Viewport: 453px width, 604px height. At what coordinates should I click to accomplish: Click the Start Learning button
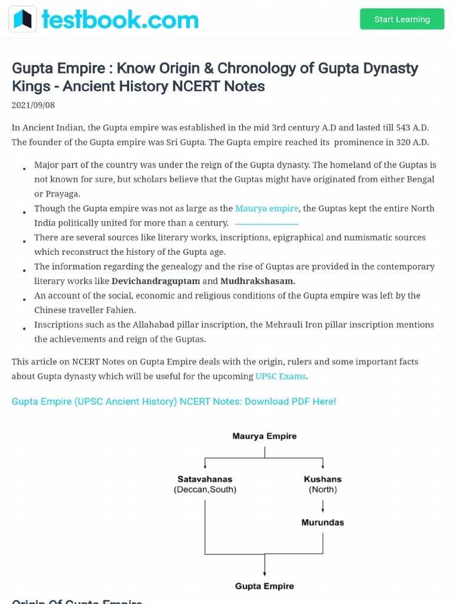point(402,19)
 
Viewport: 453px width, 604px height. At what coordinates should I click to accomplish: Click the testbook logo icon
point(22,19)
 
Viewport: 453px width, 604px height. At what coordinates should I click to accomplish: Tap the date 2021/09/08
point(33,105)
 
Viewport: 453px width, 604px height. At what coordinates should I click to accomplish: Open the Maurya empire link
point(267,208)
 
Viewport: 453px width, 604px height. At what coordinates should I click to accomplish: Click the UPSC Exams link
point(281,376)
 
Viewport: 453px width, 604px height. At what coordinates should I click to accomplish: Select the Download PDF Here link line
point(174,402)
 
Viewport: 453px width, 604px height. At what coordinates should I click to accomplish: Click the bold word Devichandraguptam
point(156,281)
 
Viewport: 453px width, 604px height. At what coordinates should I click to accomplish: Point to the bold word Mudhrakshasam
point(258,281)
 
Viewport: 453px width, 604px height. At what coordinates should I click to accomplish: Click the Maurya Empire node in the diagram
point(264,436)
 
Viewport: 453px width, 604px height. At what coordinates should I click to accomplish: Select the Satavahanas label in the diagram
point(205,479)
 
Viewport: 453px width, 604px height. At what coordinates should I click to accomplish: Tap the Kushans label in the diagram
point(323,479)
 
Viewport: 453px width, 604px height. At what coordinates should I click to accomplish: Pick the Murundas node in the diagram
point(323,523)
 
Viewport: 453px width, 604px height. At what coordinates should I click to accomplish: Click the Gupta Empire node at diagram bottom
point(264,586)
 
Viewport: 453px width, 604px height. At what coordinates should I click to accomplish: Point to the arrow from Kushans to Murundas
point(323,505)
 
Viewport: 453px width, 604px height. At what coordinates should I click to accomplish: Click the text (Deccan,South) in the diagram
point(205,490)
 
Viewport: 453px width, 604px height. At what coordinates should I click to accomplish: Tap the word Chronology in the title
point(252,68)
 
